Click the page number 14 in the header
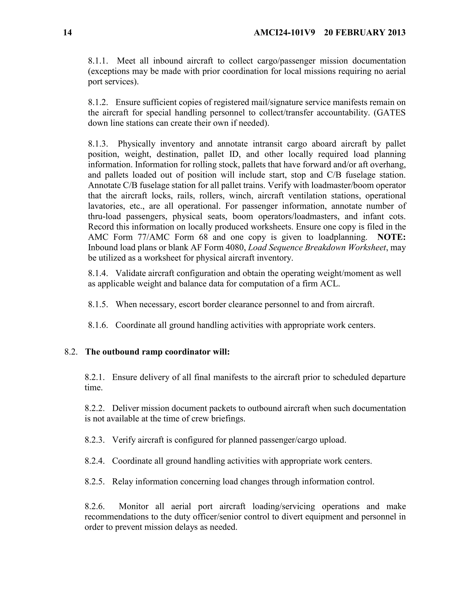point(67,33)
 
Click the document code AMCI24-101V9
point(284,33)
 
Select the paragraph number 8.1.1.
point(98,61)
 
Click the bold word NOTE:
point(391,237)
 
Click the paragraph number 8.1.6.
point(98,325)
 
